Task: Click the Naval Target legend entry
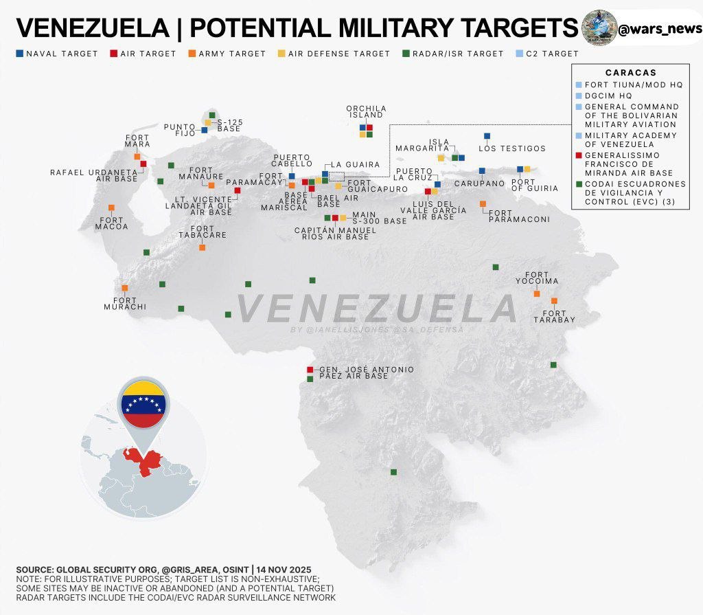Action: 57,54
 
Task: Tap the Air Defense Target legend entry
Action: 334,54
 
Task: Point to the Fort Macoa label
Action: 111,223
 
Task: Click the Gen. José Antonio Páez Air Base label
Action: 367,372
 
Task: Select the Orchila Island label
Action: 366,111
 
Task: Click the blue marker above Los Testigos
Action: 487,136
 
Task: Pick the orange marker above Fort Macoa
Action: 111,208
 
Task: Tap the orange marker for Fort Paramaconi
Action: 483,203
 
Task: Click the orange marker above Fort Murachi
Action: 124,288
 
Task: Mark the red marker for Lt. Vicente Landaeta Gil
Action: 237,190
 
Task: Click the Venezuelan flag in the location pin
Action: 143,403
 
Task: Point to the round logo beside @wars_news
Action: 598,28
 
